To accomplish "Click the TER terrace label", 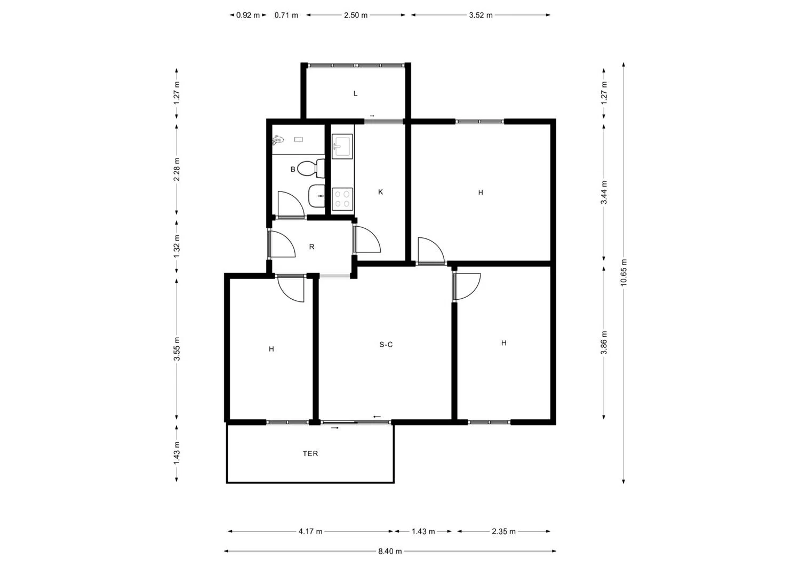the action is click(310, 453).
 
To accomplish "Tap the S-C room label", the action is click(386, 345).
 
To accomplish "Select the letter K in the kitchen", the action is click(380, 192).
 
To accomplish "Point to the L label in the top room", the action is click(355, 93).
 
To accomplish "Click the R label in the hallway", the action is click(311, 247).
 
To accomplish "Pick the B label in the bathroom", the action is click(293, 169).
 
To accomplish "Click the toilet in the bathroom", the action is click(311, 168).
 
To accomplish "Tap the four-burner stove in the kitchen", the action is click(342, 199).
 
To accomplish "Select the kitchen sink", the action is click(342, 146).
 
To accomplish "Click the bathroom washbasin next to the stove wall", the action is click(317, 196).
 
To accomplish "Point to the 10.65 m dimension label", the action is click(623, 272).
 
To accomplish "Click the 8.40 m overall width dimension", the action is click(390, 552).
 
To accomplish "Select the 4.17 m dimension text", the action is click(310, 531).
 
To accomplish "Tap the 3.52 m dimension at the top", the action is click(481, 15).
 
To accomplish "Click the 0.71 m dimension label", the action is click(286, 15).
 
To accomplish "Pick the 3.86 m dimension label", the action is click(604, 342).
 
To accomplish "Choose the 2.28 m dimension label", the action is click(177, 169).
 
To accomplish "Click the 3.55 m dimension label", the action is click(177, 349).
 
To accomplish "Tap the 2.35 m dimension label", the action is click(503, 531).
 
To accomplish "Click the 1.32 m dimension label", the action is click(177, 246).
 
